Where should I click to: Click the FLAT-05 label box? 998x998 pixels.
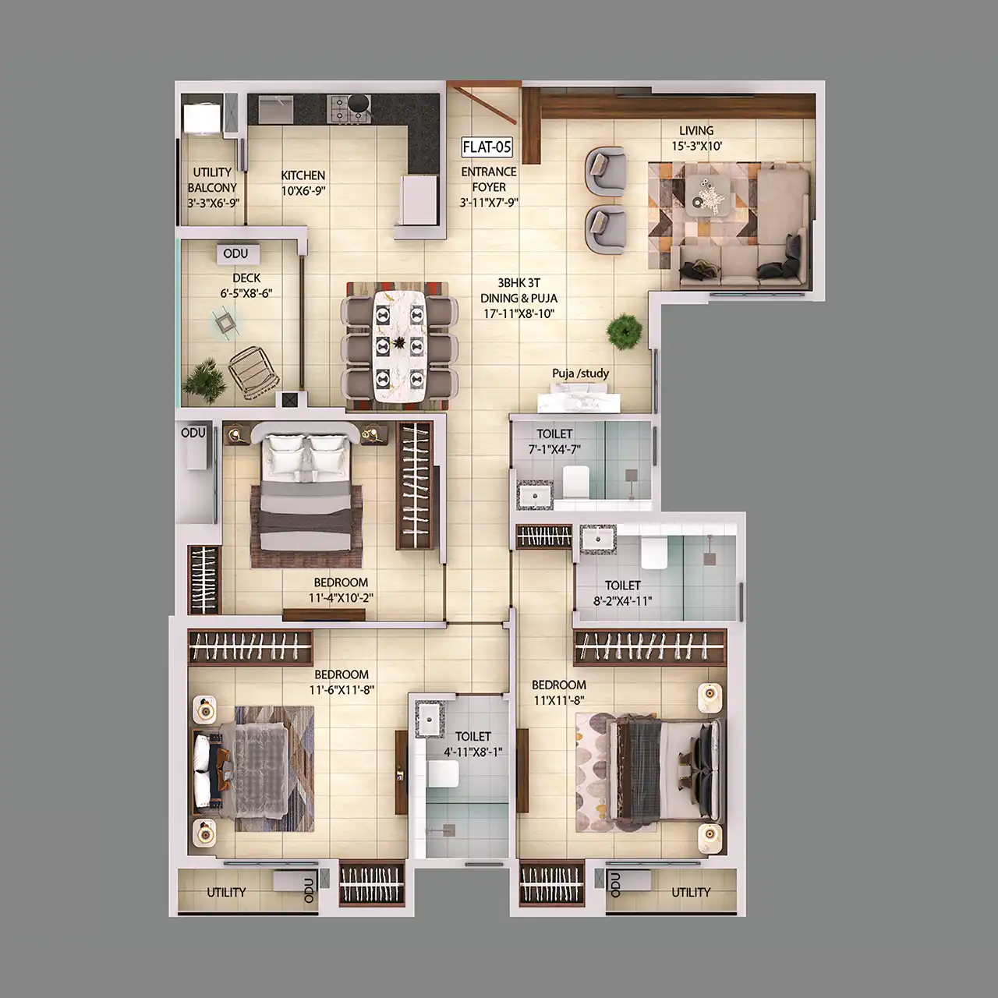(487, 147)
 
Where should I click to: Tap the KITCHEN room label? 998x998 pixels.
(303, 175)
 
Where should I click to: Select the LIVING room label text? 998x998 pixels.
(696, 131)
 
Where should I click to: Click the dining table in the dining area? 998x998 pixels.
(398, 345)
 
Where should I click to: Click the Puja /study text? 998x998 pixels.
(581, 373)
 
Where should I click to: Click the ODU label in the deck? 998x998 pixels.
(235, 253)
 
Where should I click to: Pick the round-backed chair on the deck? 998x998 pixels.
(253, 372)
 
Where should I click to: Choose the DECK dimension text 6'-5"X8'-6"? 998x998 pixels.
(246, 294)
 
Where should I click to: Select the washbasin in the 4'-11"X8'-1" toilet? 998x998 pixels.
(429, 720)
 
